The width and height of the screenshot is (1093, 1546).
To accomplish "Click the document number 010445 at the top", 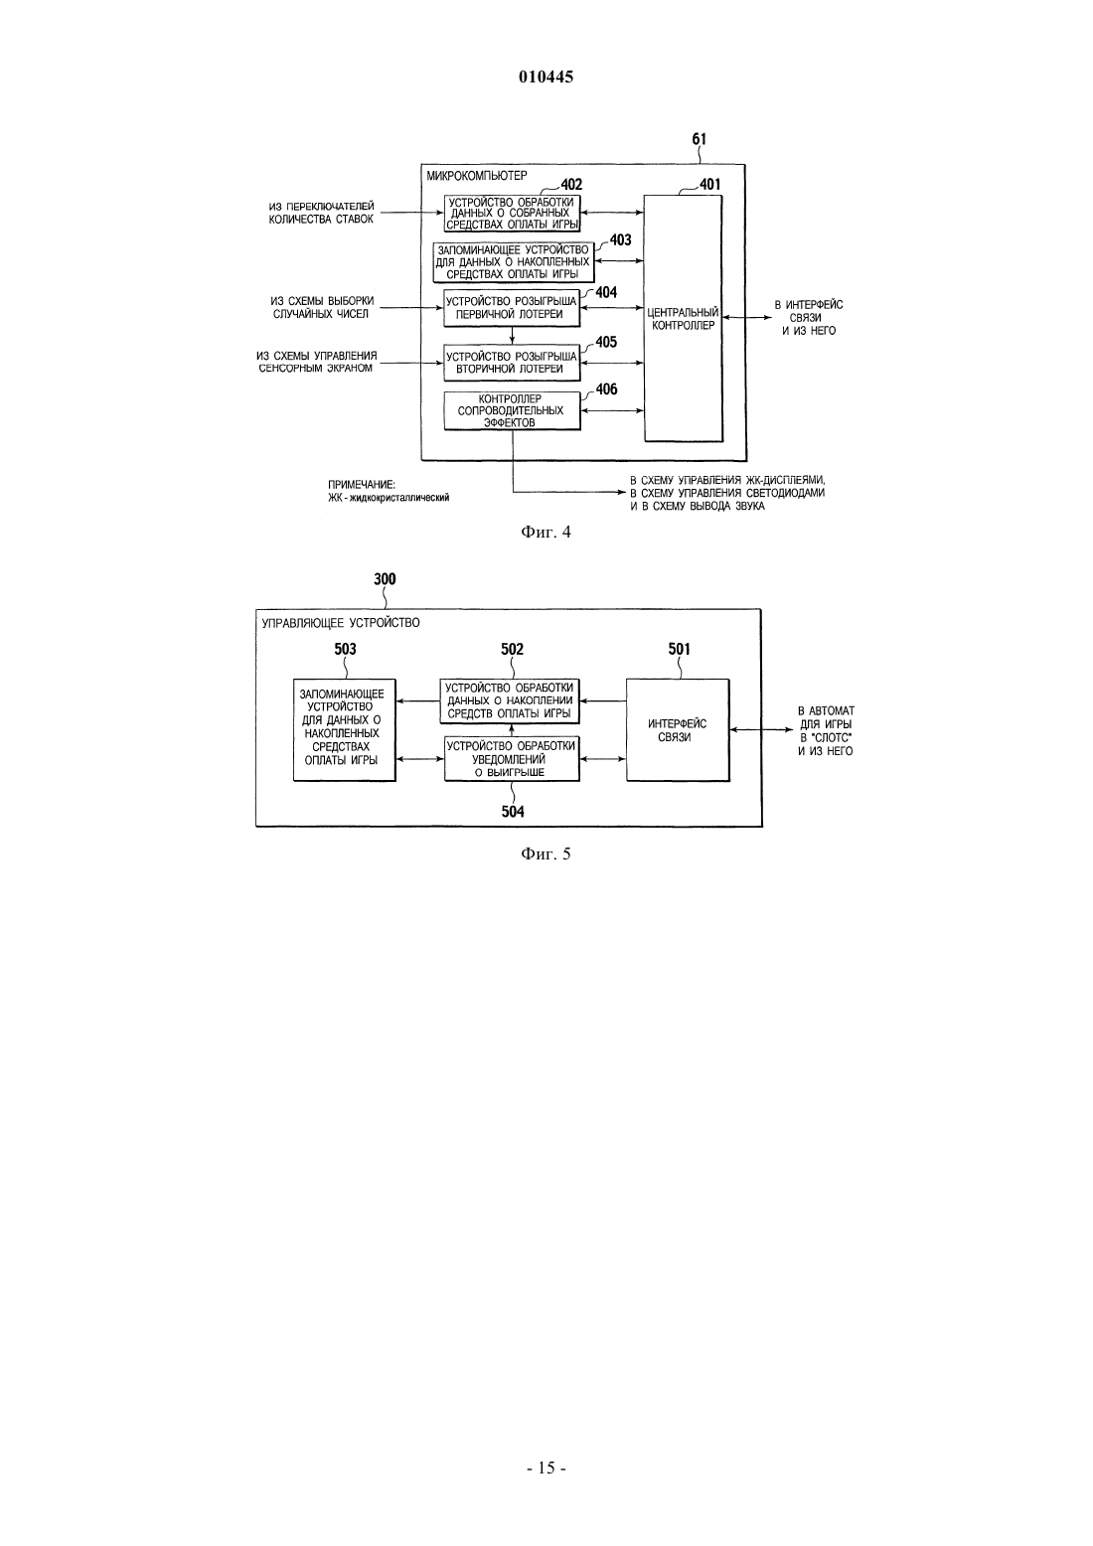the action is coord(546,77).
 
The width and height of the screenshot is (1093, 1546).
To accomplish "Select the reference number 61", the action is coord(699,139).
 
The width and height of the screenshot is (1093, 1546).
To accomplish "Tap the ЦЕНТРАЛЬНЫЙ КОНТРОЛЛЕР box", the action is coord(684,318).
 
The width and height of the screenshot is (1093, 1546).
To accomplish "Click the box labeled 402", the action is coord(512,214).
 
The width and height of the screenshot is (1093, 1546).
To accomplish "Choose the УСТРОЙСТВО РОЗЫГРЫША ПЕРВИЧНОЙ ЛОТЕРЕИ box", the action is coord(512,308).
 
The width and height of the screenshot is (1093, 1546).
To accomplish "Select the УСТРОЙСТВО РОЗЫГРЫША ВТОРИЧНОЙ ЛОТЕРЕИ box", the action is coord(512,363).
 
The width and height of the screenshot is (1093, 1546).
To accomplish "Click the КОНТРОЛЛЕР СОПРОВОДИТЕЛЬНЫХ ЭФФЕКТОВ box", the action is coord(512,410).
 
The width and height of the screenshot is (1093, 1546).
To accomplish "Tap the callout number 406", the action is coord(606,389).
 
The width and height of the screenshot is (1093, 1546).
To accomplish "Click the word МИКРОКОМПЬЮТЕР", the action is coord(477,176).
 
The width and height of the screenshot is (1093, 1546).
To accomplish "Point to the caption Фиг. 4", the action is coord(546,533).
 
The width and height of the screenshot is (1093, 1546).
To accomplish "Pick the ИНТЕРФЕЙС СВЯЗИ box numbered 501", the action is coord(678,730).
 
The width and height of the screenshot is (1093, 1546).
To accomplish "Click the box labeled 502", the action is coord(510,701).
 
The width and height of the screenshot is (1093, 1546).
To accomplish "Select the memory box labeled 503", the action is coord(345,730).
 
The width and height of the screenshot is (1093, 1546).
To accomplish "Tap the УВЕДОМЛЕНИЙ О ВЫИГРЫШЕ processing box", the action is coord(512,758).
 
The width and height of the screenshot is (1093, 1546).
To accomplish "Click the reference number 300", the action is coord(386,579).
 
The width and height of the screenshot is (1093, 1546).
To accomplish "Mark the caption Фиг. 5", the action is coord(546,854).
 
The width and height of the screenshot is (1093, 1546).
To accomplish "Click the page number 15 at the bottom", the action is coord(546,1469).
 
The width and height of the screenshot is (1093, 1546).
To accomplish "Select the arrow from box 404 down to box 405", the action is coord(512,336).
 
